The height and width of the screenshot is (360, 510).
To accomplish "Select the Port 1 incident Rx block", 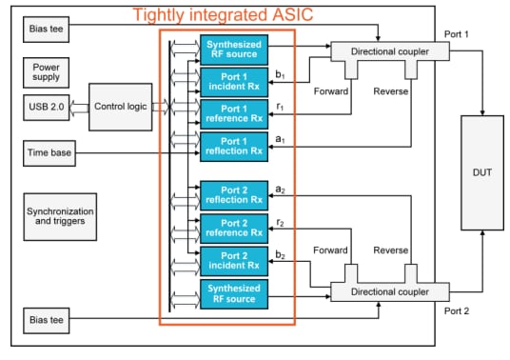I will click(x=233, y=80).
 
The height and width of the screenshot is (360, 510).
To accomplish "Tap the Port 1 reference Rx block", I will click(x=233, y=113).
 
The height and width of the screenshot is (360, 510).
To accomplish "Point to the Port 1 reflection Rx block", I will click(x=233, y=146).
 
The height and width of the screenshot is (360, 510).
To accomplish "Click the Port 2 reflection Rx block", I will click(x=233, y=195).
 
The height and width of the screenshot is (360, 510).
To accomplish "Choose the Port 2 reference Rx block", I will click(x=233, y=228).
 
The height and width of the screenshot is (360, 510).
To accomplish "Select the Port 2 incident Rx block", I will click(x=233, y=260).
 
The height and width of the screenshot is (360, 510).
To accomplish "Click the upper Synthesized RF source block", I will click(x=233, y=48).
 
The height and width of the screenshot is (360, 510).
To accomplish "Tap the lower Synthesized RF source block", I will click(x=233, y=293).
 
